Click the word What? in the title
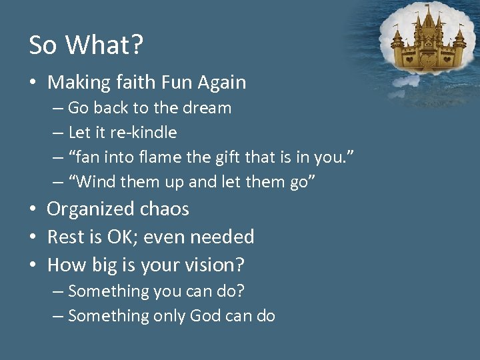point(105,45)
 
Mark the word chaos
point(163,209)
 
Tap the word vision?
point(215,265)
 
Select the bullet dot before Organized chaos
point(33,210)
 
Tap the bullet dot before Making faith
point(33,83)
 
